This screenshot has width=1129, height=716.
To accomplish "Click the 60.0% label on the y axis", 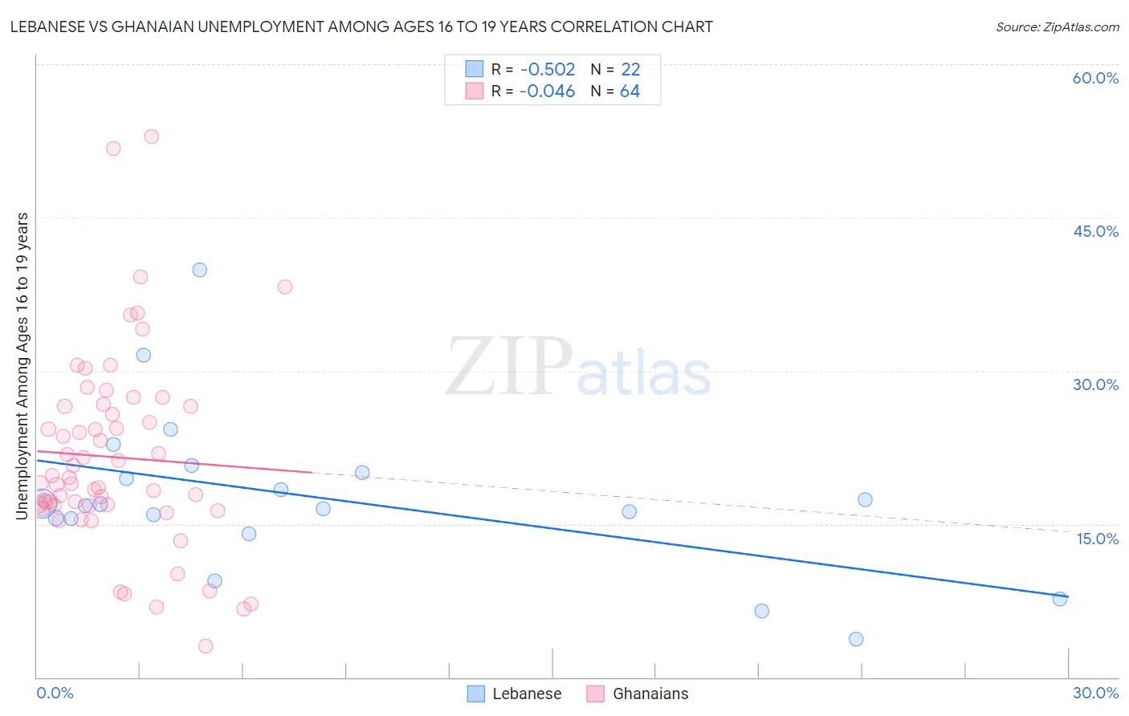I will point(1095,78).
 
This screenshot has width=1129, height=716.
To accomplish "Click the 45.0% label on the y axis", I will point(1095,231).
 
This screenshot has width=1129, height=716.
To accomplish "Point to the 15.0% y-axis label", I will point(1097,539).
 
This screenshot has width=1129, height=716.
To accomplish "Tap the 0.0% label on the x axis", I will point(55,693).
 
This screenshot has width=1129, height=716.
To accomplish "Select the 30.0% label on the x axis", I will point(1095,693).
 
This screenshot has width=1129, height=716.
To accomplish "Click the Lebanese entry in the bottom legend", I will point(526,694).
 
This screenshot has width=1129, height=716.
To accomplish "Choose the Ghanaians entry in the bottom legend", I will point(650,694).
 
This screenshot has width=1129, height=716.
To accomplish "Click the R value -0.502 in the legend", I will point(547,70).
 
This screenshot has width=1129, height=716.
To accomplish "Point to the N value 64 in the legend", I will point(630,92).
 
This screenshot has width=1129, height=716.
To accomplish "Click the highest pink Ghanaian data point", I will point(151,136).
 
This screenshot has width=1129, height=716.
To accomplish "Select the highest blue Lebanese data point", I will point(200,270).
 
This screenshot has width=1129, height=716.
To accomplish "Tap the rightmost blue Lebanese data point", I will point(1060,599).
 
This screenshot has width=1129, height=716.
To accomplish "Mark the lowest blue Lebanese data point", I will point(856,639).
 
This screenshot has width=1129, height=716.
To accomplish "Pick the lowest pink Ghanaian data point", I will point(206,646).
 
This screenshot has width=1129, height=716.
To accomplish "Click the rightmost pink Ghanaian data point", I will point(284,287).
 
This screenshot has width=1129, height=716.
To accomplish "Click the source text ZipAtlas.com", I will point(1057,27).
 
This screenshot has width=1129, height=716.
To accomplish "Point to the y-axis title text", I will point(22,365).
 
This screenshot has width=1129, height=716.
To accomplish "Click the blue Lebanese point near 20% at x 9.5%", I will point(362,473).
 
